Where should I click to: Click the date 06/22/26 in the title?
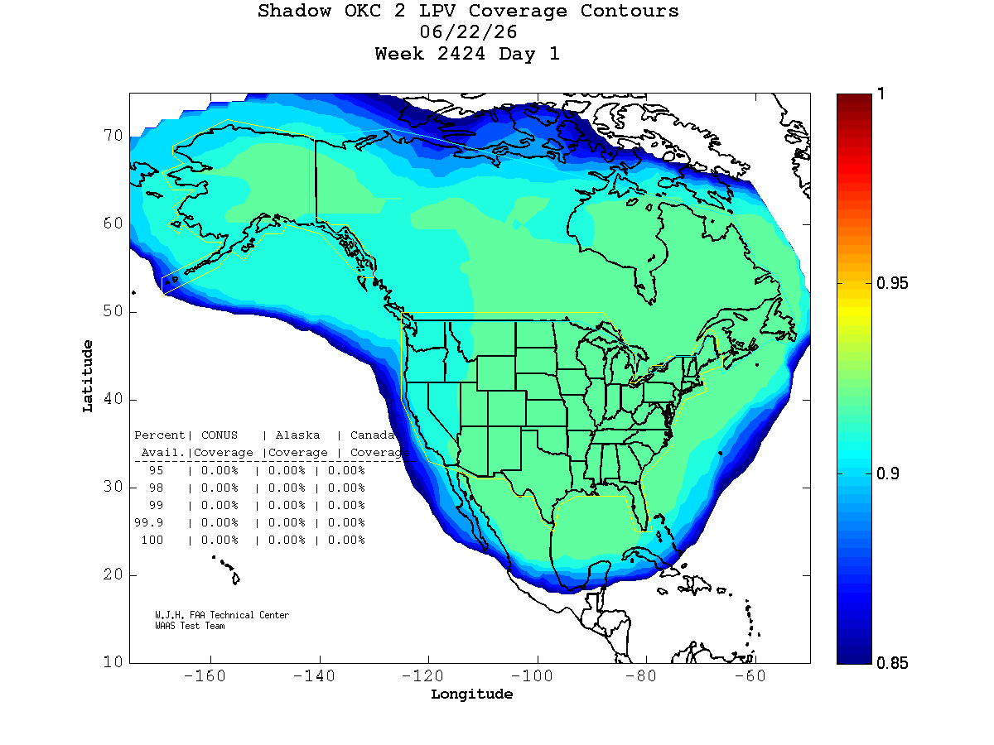tap(468, 32)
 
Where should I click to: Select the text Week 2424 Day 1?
tap(467, 54)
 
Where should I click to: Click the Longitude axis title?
tap(471, 695)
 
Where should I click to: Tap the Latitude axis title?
tap(87, 376)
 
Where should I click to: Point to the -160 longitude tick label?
tap(205, 675)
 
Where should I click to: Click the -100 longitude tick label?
tap(532, 675)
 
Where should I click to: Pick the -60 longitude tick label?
tap(750, 675)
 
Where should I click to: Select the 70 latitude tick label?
tap(113, 135)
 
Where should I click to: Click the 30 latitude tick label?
tap(113, 487)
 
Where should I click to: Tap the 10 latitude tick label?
tap(113, 662)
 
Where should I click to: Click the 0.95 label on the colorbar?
tap(891, 283)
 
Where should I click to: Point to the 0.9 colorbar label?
tap(887, 473)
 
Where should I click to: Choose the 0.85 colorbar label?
tap(891, 663)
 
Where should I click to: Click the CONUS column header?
tap(220, 435)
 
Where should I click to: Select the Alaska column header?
tap(297, 435)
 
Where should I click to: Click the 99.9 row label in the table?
tap(148, 522)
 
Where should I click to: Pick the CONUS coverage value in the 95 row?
tap(220, 470)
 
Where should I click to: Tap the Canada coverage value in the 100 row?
tap(346, 540)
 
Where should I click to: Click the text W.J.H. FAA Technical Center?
tap(222, 615)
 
